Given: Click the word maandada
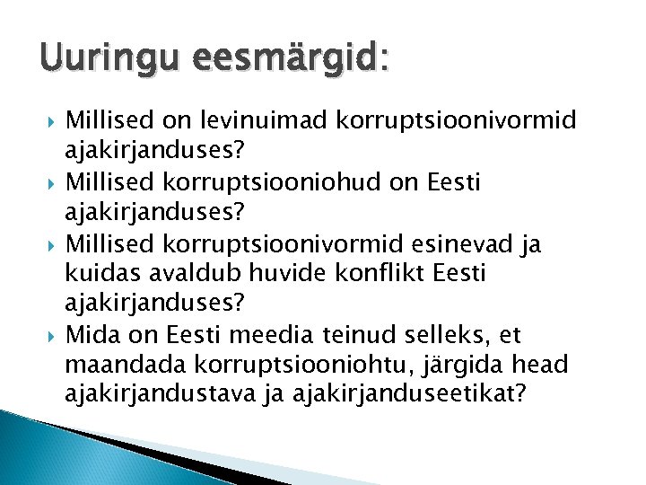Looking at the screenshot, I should pos(119,366).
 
